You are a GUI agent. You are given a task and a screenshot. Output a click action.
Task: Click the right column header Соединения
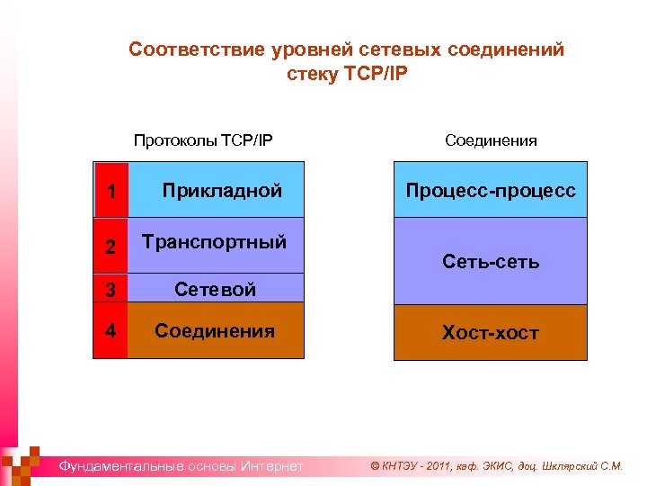click(x=491, y=139)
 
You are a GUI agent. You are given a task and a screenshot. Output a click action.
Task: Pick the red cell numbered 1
click(x=111, y=191)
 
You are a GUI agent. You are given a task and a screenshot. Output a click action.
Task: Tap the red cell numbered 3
click(x=111, y=290)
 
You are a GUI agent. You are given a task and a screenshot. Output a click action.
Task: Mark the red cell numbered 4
click(x=111, y=330)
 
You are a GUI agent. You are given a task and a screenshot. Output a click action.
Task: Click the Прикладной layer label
click(x=222, y=190)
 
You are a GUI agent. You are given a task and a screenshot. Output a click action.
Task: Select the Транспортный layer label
click(x=215, y=241)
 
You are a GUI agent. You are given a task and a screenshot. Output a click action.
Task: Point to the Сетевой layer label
click(x=215, y=289)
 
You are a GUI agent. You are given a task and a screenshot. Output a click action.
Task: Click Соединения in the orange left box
click(x=215, y=330)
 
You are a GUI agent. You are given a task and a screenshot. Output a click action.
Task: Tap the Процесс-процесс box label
click(x=491, y=190)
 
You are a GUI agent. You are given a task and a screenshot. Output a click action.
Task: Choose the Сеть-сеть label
click(x=491, y=262)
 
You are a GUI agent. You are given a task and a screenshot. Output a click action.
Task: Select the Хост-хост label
click(x=491, y=333)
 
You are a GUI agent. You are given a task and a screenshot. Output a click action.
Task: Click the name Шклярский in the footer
click(x=567, y=466)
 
